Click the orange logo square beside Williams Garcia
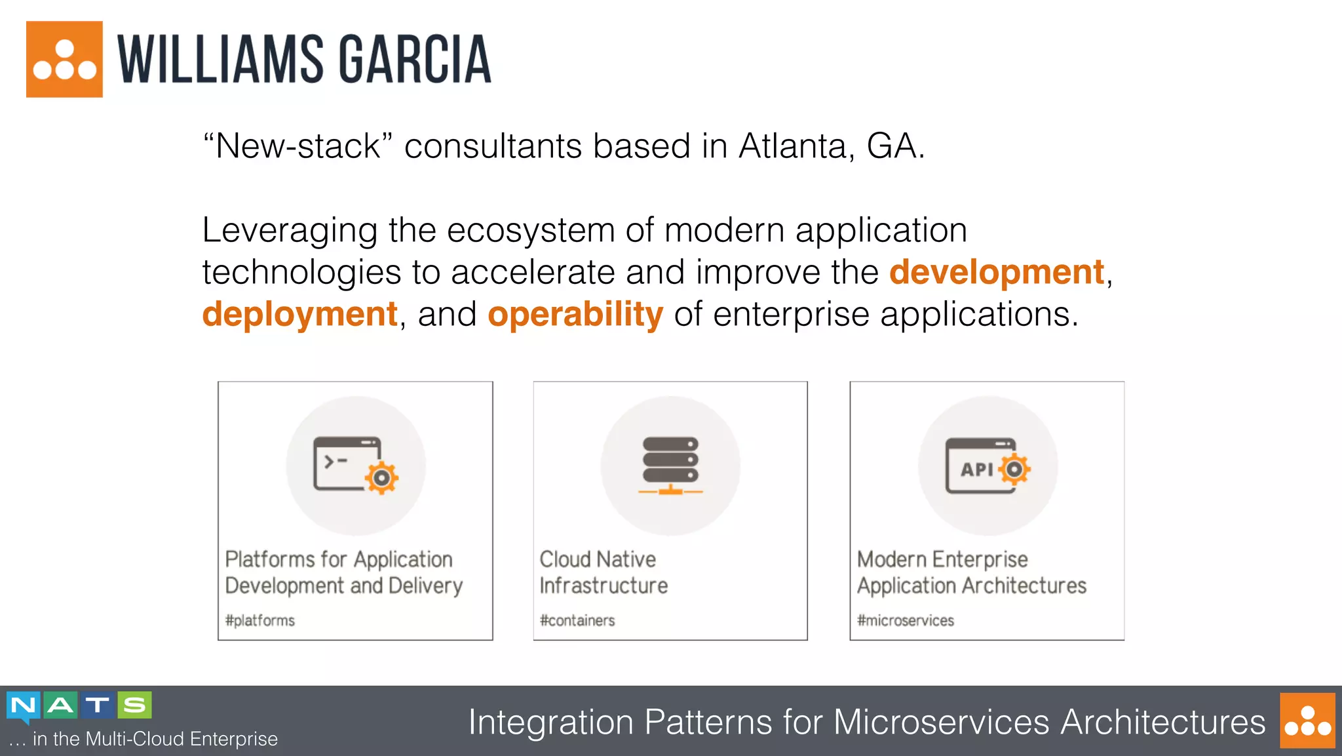click(x=64, y=59)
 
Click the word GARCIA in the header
click(x=414, y=60)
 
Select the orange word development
click(x=996, y=273)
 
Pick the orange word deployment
click(x=299, y=314)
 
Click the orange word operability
click(x=575, y=315)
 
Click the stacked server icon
click(x=670, y=466)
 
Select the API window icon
click(x=987, y=466)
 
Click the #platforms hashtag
click(x=260, y=620)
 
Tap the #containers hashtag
click(x=577, y=620)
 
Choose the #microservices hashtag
click(x=906, y=620)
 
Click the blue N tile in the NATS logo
click(x=24, y=706)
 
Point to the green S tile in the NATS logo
click(x=135, y=705)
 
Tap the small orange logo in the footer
click(x=1307, y=720)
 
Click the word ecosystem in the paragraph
click(x=531, y=231)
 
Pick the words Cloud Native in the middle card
click(x=598, y=559)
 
